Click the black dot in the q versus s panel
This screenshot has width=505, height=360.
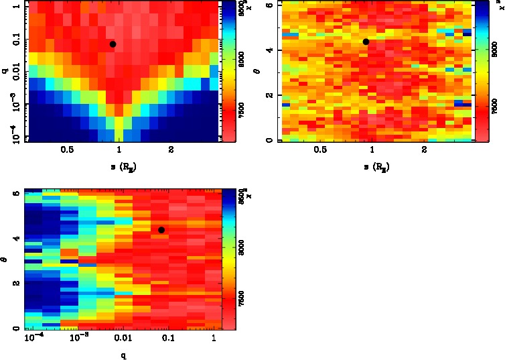point(113,44)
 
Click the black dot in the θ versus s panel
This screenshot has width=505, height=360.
point(366,42)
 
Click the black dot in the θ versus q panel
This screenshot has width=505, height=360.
point(161,230)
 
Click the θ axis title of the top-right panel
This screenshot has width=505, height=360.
point(259,70)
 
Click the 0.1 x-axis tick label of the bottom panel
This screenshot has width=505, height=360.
point(167,339)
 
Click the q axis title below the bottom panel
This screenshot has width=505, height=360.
point(123,355)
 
